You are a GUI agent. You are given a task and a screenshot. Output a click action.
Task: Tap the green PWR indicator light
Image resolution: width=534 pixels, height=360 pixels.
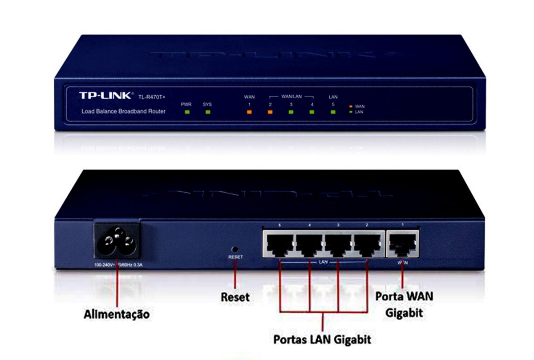click(187, 112)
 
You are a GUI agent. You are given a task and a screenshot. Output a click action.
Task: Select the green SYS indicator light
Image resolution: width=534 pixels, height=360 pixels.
click(207, 112)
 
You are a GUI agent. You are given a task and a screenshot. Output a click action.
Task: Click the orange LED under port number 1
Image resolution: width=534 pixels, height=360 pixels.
click(249, 112)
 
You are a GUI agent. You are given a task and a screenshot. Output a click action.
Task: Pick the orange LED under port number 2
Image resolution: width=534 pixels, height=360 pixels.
click(270, 112)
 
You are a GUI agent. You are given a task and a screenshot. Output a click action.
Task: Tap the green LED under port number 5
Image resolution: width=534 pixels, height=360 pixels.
click(333, 112)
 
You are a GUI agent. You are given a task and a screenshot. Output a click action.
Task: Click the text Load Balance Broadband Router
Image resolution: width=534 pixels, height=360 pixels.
click(124, 111)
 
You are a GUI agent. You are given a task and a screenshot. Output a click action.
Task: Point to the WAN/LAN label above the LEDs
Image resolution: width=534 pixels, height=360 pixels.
click(291, 96)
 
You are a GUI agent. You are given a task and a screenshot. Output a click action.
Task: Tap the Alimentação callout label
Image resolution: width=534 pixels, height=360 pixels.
click(117, 314)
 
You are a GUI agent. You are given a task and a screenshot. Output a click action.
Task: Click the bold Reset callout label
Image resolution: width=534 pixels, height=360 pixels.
click(235, 297)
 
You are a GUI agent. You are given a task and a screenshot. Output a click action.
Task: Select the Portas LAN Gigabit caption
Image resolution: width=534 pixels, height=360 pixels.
click(322, 339)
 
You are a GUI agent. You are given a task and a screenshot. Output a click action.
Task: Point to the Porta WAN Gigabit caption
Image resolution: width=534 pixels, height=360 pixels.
click(404, 304)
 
